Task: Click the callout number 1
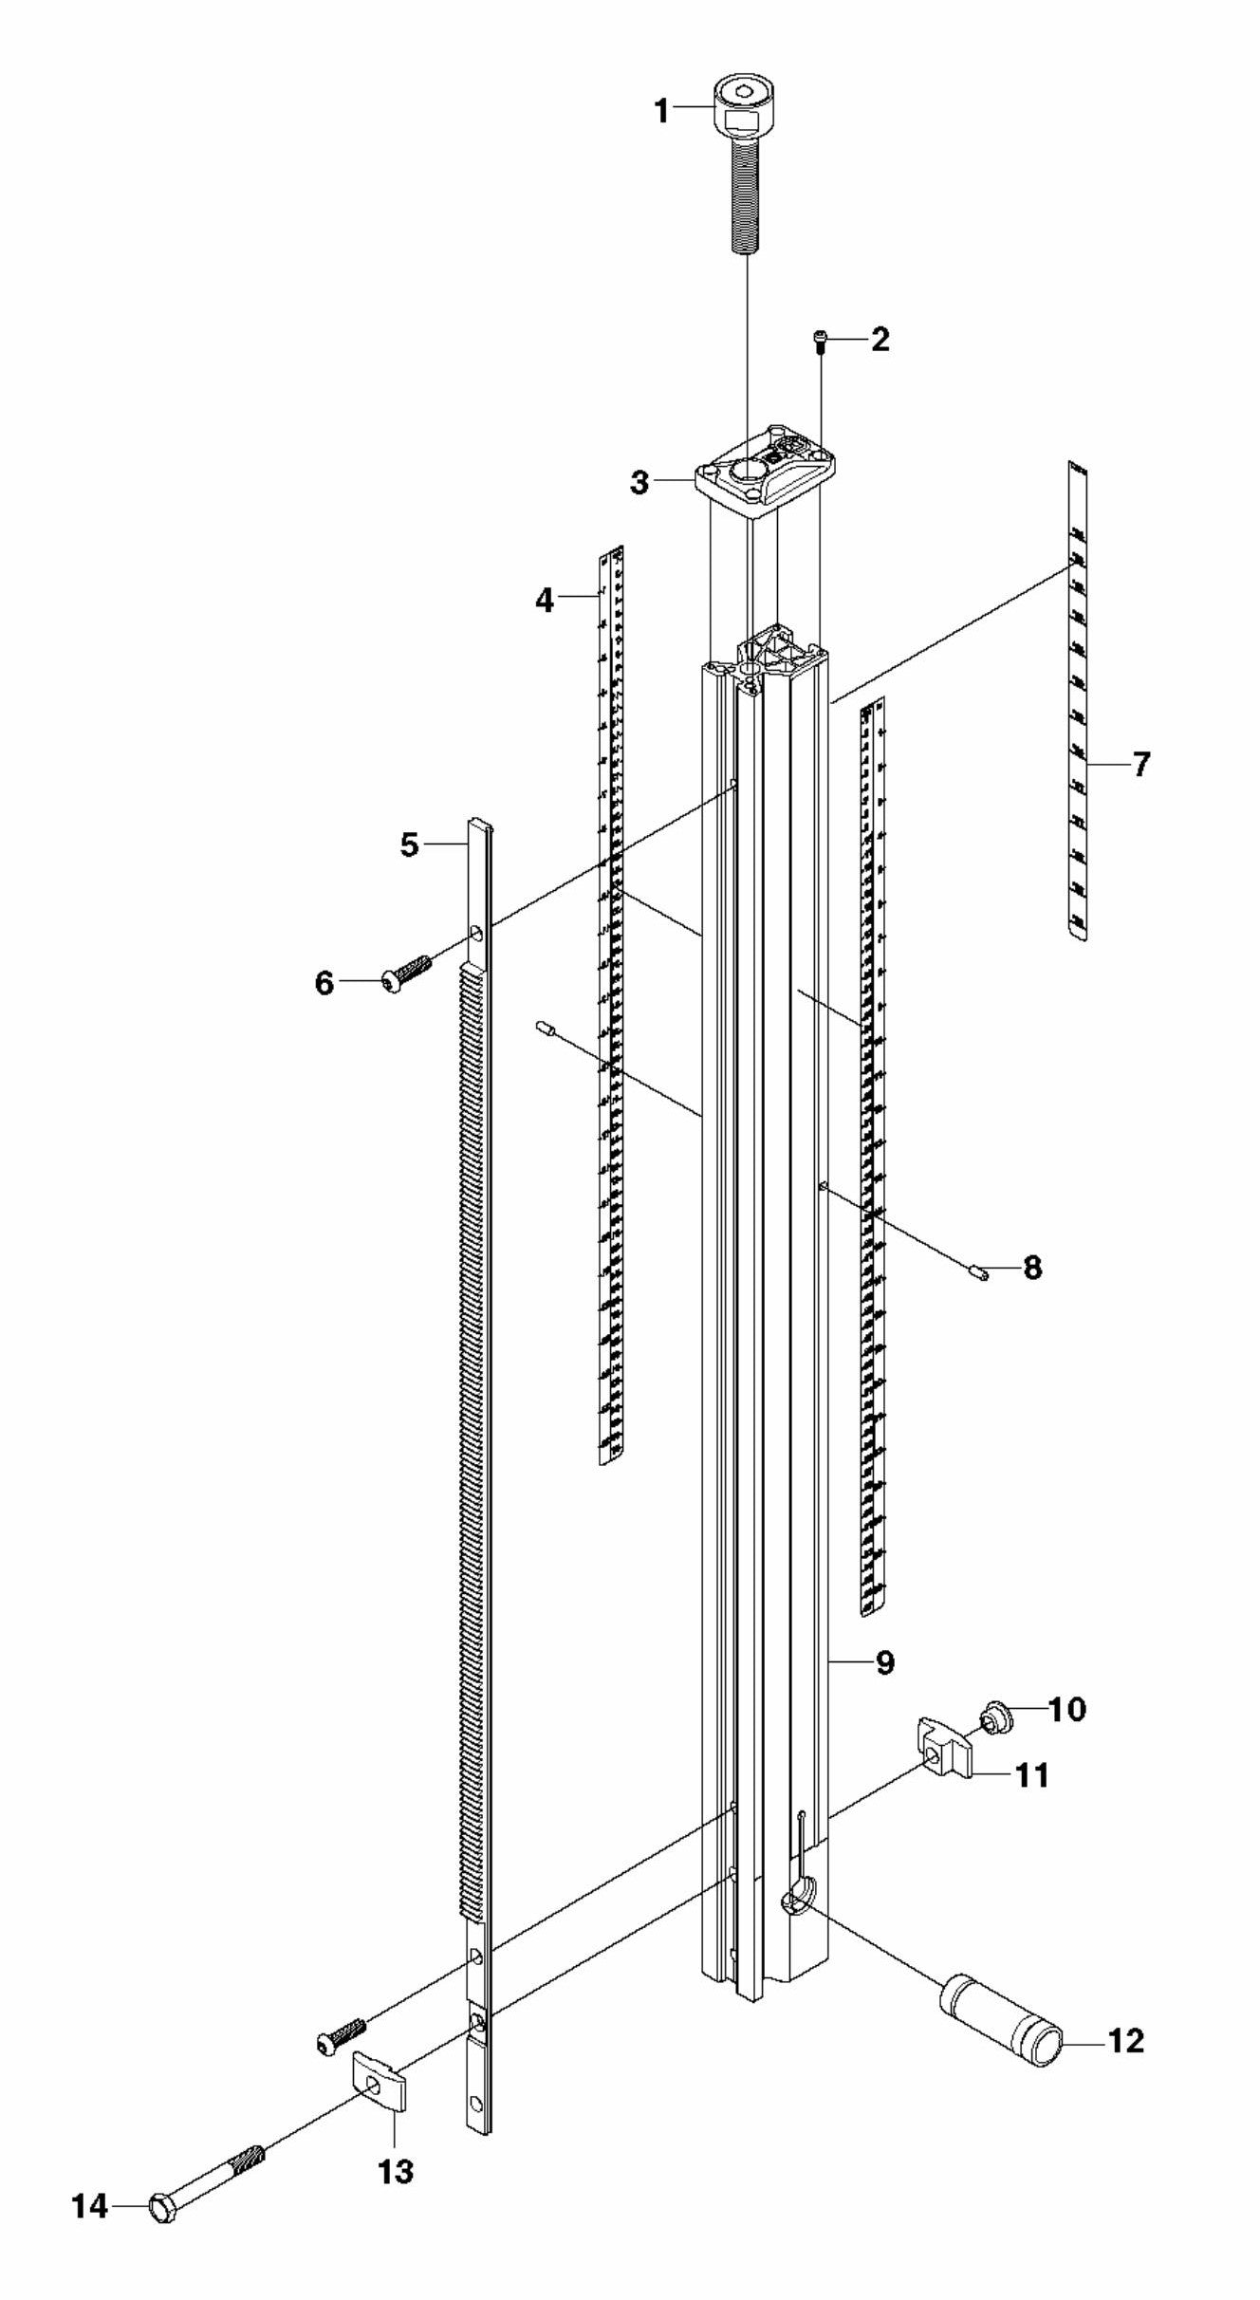(x=660, y=111)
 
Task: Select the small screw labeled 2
(x=821, y=342)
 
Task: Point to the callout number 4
(x=545, y=600)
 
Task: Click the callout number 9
(x=884, y=1662)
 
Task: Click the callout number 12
(x=1126, y=2040)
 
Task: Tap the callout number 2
(x=880, y=340)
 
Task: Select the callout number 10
(x=1066, y=1710)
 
